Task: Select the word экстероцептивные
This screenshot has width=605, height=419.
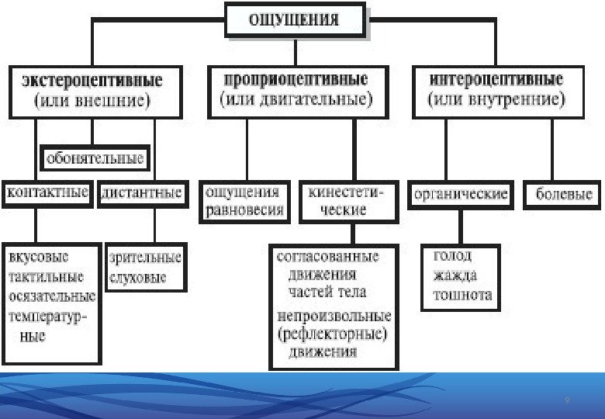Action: coord(92,80)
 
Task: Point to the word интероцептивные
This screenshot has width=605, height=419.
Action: coord(496,79)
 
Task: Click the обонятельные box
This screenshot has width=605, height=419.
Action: coord(95,159)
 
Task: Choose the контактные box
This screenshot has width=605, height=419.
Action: coord(47,192)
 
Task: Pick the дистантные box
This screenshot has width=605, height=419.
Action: coord(142,192)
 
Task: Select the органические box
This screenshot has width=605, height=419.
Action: coord(461,193)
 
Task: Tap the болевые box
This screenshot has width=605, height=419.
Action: coord(564,194)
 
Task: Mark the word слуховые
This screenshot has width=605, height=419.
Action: coord(138,277)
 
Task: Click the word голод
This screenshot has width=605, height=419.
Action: coord(452,255)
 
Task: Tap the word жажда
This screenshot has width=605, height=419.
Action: coord(455,275)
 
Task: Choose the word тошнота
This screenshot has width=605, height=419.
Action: coord(462,295)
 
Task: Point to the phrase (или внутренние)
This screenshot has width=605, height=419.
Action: coord(496,100)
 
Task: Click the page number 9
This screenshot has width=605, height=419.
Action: coord(567,400)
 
